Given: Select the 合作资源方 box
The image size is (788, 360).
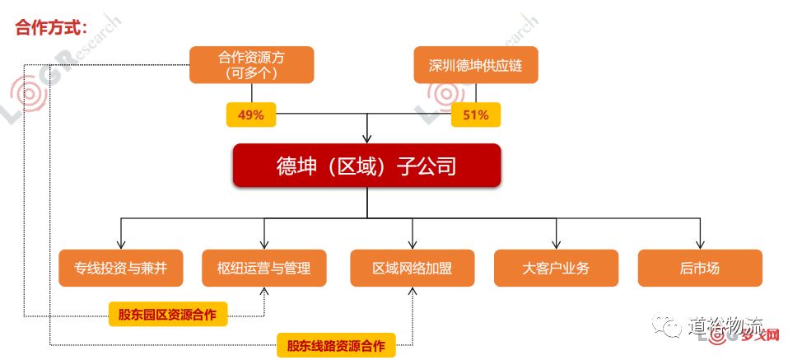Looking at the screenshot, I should coord(251,65).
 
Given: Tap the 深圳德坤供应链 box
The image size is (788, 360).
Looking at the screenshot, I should coord(475,65).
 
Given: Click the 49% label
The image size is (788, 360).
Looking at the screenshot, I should coord(250,115).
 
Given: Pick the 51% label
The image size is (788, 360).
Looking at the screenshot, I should coord(475,115).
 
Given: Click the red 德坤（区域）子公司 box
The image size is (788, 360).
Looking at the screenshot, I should coord(366,166).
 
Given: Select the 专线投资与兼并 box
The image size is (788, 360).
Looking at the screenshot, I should coord(121,268).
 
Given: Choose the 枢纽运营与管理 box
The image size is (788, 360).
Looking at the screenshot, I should coord(264,268).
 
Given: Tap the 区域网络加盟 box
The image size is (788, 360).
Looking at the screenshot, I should coord(412,268).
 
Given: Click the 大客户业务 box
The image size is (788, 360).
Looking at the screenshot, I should coord(556,268).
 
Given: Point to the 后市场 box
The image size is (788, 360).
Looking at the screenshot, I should coord(700,268).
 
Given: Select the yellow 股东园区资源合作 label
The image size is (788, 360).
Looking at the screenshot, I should coord(168,314).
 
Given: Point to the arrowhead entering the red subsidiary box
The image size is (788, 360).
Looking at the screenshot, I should coord(367,138).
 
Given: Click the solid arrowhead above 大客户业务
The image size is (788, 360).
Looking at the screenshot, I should coord(556,245).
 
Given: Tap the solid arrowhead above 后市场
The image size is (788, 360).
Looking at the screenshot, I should coord(700,245).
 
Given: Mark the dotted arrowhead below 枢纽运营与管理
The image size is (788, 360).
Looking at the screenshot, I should coord(264,292).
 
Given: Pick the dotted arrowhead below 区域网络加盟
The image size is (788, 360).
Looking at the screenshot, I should coord(412,292).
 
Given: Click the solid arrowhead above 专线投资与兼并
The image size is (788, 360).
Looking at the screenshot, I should coord(121,245).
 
